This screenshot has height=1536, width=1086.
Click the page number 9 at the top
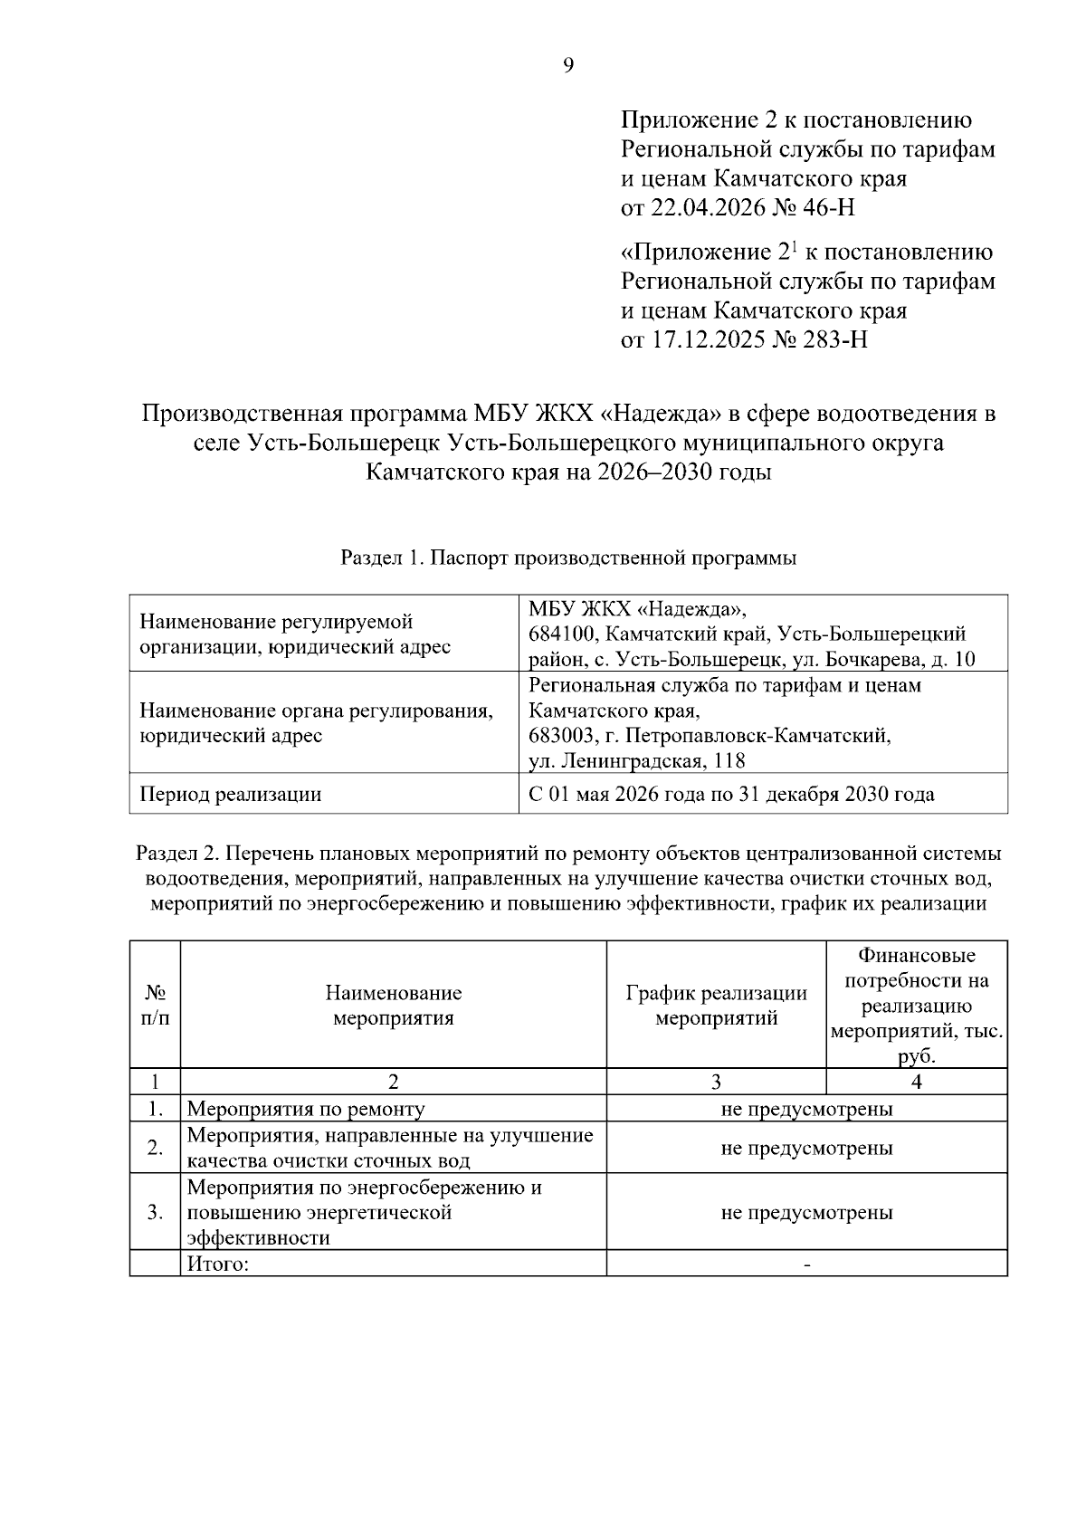pyautogui.click(x=568, y=65)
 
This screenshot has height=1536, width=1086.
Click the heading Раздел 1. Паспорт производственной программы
pyautogui.click(x=568, y=558)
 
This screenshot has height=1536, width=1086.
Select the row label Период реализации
pyautogui.click(x=231, y=795)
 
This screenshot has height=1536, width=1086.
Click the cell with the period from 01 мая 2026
pyautogui.click(x=731, y=795)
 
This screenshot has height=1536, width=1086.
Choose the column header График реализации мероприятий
pyautogui.click(x=716, y=1006)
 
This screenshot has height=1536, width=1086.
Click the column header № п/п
pyautogui.click(x=155, y=1006)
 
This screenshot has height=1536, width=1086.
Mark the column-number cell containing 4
pyautogui.click(x=916, y=1082)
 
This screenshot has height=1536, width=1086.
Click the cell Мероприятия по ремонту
pyautogui.click(x=306, y=1109)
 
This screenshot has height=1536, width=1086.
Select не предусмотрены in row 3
pyautogui.click(x=806, y=1213)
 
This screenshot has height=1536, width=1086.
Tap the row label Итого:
pyautogui.click(x=218, y=1264)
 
